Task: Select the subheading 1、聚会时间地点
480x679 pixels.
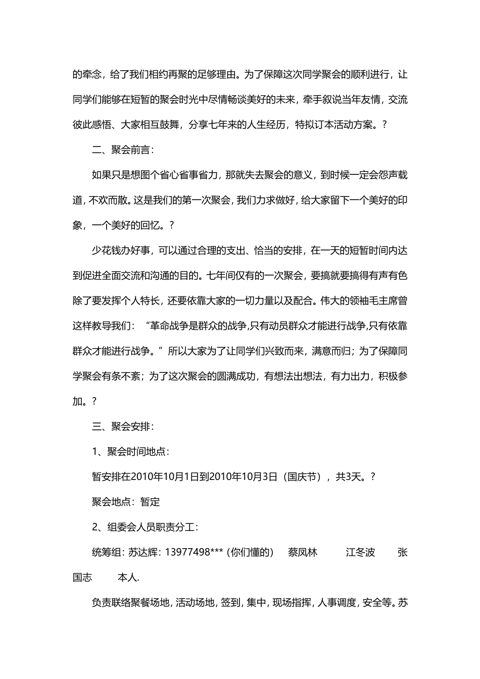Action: point(131,452)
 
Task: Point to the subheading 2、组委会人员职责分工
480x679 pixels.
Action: point(145,527)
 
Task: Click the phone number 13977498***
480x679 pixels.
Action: point(195,552)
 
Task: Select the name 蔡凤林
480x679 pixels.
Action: point(302,552)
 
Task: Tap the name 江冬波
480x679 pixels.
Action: point(360,552)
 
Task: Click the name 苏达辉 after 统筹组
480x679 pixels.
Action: point(142,552)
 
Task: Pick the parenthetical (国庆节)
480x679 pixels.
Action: point(302,477)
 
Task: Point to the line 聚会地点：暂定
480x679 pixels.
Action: point(126,502)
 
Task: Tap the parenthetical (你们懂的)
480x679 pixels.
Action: point(250,552)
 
